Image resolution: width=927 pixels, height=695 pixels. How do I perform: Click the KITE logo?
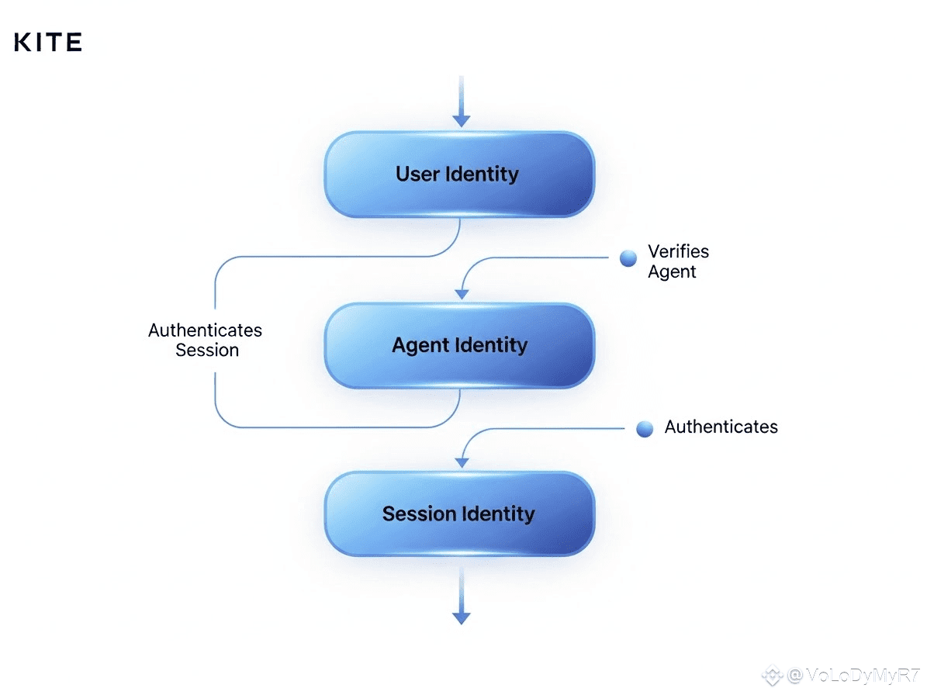(x=48, y=42)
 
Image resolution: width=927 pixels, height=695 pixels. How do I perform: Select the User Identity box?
(x=459, y=174)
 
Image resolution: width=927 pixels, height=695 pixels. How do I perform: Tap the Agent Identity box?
(x=459, y=345)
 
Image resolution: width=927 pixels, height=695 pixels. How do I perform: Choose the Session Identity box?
(x=459, y=513)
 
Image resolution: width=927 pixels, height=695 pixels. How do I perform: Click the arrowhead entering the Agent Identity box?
(x=462, y=293)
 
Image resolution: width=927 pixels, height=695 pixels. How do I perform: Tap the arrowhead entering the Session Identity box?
(x=462, y=462)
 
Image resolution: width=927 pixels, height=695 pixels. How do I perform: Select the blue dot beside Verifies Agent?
(x=628, y=259)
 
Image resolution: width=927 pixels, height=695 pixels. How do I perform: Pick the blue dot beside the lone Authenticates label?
(x=645, y=429)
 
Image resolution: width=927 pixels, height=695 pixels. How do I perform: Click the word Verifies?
(x=678, y=251)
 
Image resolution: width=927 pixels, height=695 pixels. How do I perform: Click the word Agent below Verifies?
(x=672, y=271)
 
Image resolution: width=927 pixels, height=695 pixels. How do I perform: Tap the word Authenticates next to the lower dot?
(x=721, y=427)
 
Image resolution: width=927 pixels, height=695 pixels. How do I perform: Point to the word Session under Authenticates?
(x=206, y=350)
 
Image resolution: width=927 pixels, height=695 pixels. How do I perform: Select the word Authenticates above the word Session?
(x=205, y=330)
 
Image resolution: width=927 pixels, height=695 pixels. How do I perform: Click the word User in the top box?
(x=417, y=174)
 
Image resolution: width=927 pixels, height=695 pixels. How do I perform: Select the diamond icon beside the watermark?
(x=772, y=675)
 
